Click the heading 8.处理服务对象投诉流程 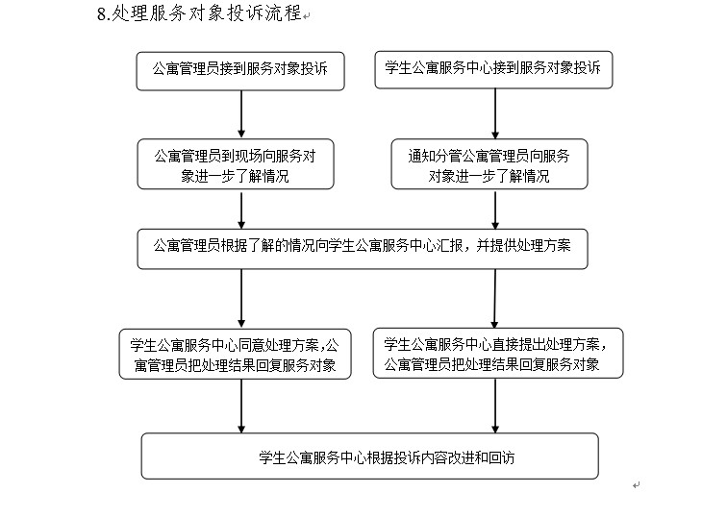[200, 13]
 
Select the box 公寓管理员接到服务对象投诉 [240, 71]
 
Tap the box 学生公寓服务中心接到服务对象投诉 [493, 69]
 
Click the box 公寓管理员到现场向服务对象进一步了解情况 [236, 164]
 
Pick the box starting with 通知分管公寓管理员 [489, 164]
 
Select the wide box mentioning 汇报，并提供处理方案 [363, 249]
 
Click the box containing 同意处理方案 [235, 354]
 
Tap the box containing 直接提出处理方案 [498, 353]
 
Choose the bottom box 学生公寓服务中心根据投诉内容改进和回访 [369, 456]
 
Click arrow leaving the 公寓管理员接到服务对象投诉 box [241, 114]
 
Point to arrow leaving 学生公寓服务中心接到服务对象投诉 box [495, 113]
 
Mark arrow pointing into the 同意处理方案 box [241, 299]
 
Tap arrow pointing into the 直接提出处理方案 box [494, 298]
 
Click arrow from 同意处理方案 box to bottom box [241, 407]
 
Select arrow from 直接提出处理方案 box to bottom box [495, 406]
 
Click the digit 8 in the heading [102, 14]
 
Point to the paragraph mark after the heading [307, 16]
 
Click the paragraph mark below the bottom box [637, 485]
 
